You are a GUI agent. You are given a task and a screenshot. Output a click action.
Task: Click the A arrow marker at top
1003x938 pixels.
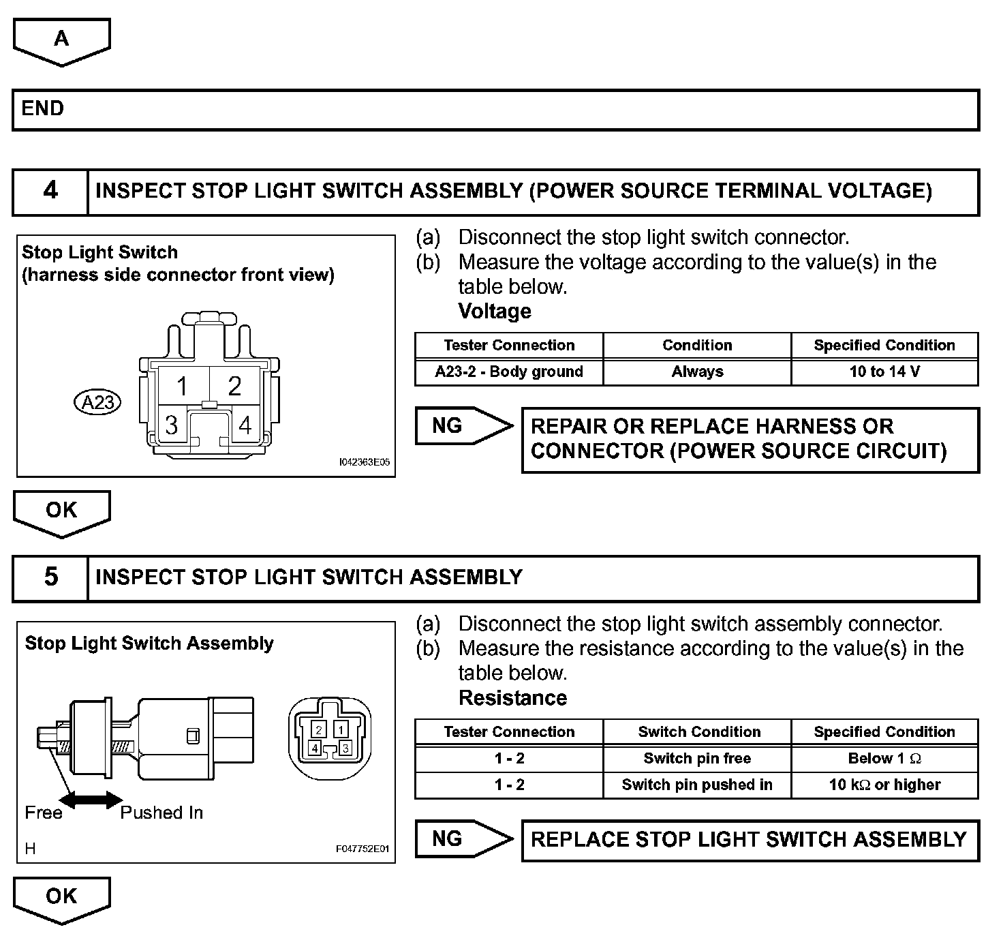point(61,40)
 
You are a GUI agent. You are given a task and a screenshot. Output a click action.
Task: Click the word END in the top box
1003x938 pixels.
point(42,108)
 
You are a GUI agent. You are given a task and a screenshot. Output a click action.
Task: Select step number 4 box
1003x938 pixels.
point(50,191)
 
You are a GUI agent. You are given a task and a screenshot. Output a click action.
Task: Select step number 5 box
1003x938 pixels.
point(50,577)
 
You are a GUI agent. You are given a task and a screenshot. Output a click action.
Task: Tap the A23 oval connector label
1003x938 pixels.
point(97,402)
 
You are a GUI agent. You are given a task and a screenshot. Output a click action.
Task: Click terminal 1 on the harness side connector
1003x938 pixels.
point(182,387)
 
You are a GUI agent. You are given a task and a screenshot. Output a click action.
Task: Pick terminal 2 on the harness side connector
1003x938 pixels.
point(234,387)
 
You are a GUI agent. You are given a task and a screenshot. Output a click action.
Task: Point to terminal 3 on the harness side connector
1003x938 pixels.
point(171,425)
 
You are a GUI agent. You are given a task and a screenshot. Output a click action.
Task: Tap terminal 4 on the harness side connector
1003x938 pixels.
point(245,425)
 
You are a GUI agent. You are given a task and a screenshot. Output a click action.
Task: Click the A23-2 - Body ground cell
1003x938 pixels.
point(509,372)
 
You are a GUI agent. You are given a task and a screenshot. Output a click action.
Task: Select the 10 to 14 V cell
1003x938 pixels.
point(884,372)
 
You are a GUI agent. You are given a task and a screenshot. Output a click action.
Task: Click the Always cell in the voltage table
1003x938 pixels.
point(697,372)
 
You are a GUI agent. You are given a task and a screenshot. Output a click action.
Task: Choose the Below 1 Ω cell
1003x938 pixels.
point(884,759)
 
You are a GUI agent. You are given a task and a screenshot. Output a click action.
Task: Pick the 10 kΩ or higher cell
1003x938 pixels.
point(884,785)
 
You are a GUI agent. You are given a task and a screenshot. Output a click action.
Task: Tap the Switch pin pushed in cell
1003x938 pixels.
point(697,785)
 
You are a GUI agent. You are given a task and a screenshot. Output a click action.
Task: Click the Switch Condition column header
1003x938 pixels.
point(699,732)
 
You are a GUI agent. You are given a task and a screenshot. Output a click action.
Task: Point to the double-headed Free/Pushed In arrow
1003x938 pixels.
point(91,800)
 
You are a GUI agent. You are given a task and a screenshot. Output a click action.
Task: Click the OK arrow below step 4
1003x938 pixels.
point(61,512)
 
